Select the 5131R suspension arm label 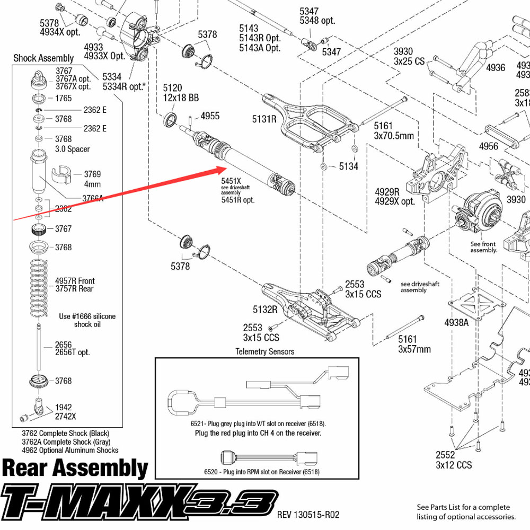click(264, 119)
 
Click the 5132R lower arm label click(265, 309)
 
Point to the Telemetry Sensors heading click(264, 351)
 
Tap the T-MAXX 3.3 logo click(138, 501)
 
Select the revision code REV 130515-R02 click(308, 515)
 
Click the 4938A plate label click(456, 322)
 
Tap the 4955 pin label click(209, 116)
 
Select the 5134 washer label click(349, 166)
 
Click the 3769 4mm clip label click(92, 179)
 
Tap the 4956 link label click(488, 146)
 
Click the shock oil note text click(87, 320)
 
